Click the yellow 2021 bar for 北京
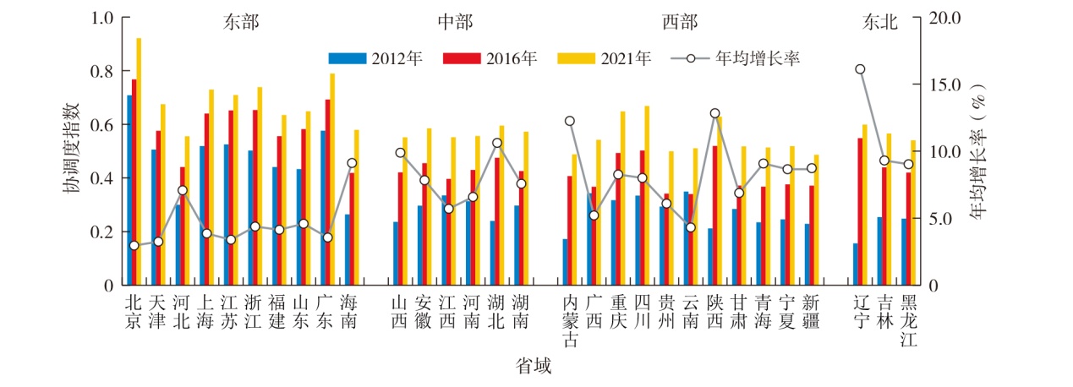click(x=139, y=161)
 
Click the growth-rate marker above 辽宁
click(x=860, y=69)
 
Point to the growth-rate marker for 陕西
click(x=714, y=113)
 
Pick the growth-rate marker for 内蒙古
click(x=569, y=121)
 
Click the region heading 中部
click(x=455, y=22)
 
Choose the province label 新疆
click(x=811, y=312)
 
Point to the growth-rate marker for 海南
click(x=352, y=163)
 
